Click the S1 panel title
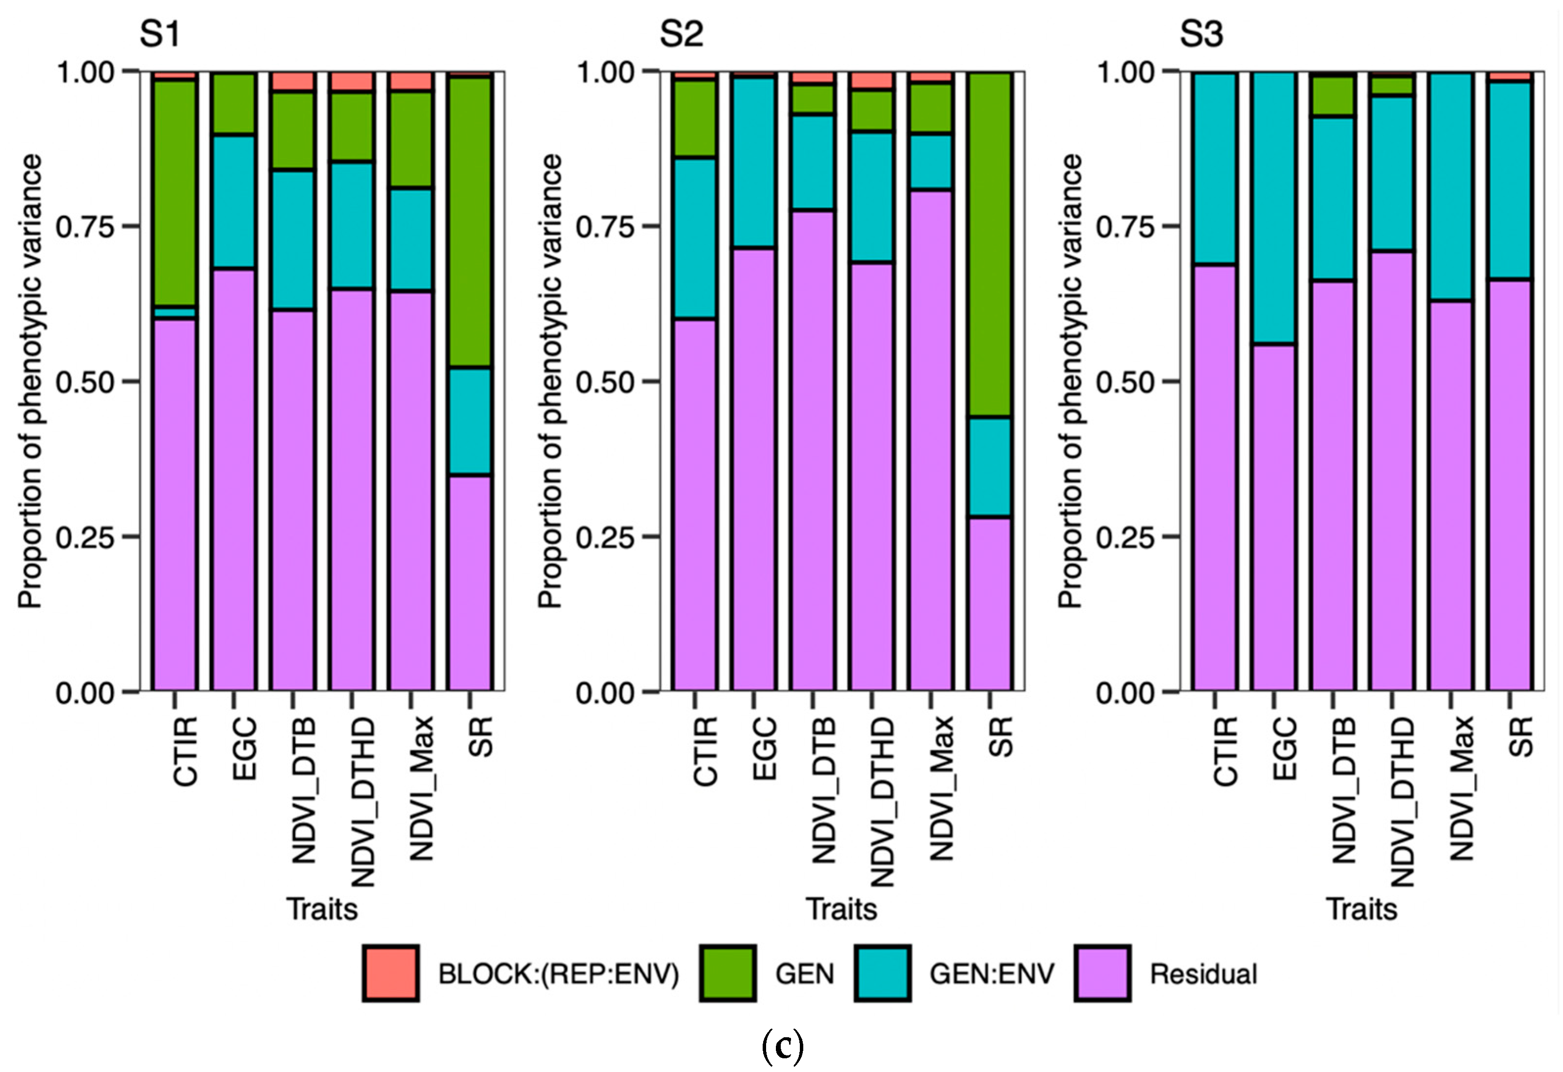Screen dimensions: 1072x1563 click(x=160, y=34)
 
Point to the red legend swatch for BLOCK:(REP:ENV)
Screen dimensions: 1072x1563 click(x=390, y=973)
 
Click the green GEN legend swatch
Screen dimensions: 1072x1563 click(x=727, y=973)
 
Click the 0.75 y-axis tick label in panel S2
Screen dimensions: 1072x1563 click(x=604, y=227)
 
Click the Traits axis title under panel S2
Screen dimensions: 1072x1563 click(x=841, y=909)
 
